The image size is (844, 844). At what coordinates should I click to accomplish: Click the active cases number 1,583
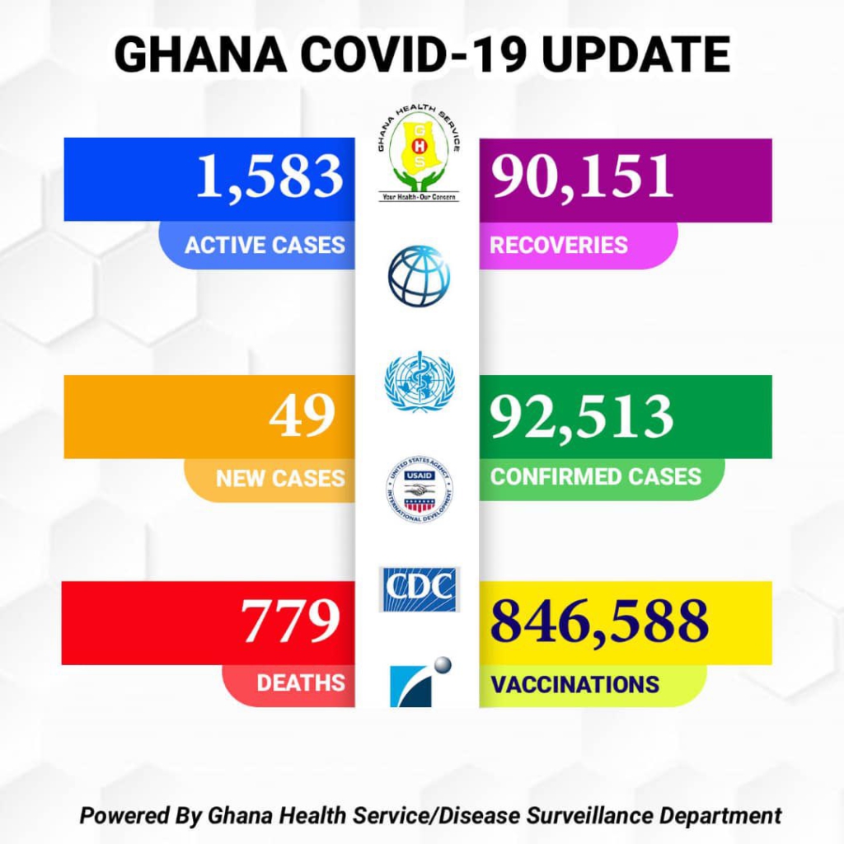click(269, 176)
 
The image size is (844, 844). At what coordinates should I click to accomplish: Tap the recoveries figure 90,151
click(582, 176)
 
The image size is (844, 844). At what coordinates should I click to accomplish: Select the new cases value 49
click(302, 415)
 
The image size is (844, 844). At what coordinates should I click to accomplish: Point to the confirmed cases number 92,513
click(582, 416)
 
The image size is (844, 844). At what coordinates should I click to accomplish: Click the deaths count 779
click(290, 621)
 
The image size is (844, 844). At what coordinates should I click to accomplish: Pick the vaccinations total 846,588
click(599, 622)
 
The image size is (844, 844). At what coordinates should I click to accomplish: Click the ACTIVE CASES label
click(265, 246)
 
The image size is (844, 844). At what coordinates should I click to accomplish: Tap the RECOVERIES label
click(559, 245)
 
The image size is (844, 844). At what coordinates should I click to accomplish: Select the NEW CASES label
click(280, 478)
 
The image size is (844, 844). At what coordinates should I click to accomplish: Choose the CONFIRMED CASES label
click(596, 476)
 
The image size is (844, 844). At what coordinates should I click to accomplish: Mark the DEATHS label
click(300, 683)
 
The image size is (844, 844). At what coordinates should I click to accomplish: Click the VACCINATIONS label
click(574, 684)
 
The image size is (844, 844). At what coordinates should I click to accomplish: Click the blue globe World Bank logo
click(420, 275)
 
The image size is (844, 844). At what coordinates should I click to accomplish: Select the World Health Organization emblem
click(420, 382)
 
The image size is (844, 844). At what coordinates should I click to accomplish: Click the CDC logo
click(420, 588)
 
